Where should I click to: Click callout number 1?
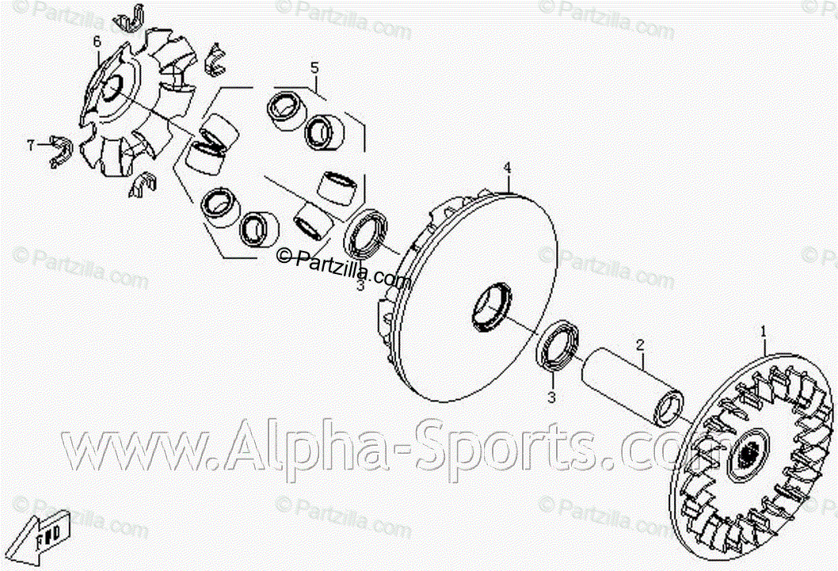(x=764, y=329)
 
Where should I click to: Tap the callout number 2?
(x=640, y=345)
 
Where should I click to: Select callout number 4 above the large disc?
(x=508, y=168)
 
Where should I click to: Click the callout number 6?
(x=97, y=42)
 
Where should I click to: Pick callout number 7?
(x=31, y=145)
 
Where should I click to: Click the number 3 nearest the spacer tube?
(x=553, y=398)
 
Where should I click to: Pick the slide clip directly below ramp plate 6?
(x=143, y=184)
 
